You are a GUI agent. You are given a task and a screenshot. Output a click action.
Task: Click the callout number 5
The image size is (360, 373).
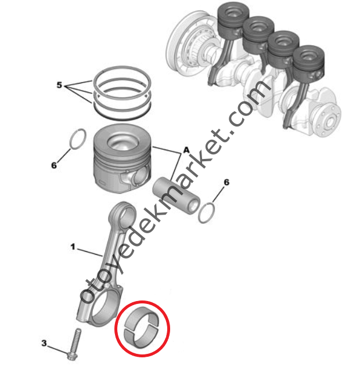(59, 85)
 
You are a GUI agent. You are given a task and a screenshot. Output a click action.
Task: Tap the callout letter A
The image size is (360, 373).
(186, 150)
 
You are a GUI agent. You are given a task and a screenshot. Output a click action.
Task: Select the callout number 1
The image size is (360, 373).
(73, 247)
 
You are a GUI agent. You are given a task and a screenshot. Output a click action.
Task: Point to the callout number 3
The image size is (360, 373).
(44, 343)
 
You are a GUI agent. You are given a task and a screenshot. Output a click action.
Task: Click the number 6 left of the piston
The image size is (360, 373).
(54, 165)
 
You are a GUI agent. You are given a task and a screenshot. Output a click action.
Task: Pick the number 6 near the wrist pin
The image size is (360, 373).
(226, 183)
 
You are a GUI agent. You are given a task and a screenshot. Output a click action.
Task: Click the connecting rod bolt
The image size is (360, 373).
(74, 344)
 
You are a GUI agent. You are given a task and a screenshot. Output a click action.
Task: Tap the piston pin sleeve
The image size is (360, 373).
(176, 196)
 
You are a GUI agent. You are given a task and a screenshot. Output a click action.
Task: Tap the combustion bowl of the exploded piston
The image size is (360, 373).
(123, 142)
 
